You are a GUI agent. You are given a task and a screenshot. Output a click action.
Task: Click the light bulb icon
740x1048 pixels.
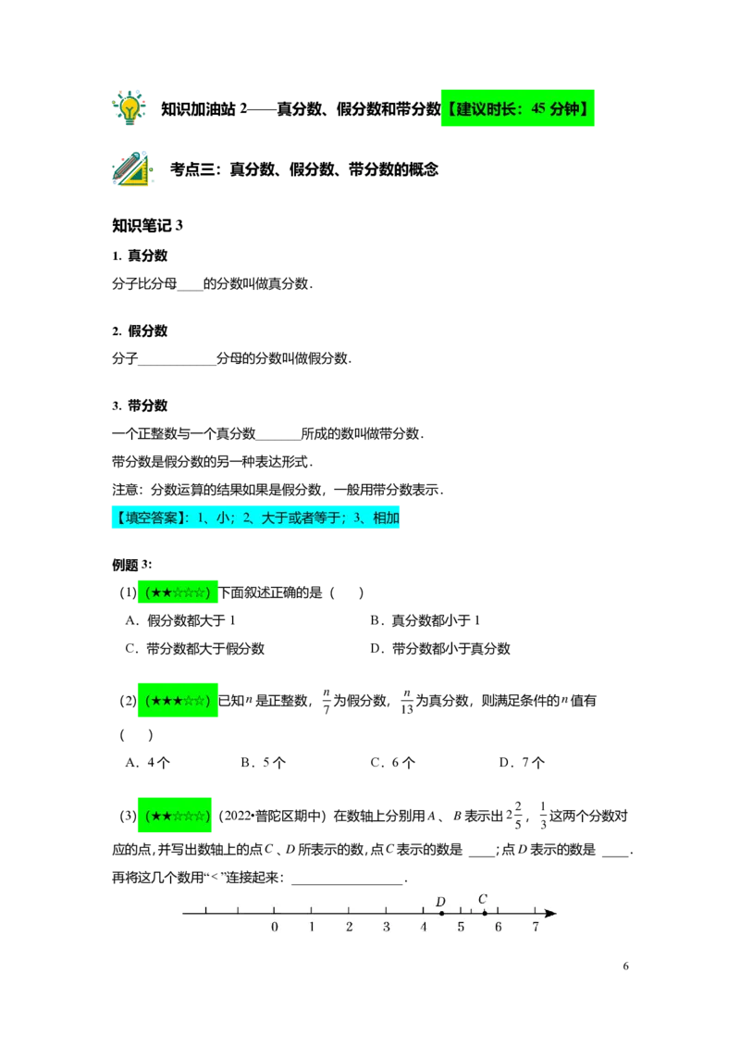(x=129, y=107)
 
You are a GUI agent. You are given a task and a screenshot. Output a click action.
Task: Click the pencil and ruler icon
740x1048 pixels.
(x=132, y=168)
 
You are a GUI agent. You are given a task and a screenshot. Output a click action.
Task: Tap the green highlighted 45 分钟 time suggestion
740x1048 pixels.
(x=518, y=108)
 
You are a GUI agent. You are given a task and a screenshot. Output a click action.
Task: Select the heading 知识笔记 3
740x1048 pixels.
(x=147, y=225)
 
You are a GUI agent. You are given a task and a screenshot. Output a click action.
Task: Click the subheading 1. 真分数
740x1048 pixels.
(x=140, y=256)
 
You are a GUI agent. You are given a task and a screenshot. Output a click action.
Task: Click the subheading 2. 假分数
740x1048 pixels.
(x=140, y=331)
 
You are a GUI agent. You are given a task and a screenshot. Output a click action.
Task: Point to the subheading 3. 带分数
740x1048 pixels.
(x=140, y=405)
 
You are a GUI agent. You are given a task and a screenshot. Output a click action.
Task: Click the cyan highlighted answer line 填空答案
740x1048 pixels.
(x=255, y=518)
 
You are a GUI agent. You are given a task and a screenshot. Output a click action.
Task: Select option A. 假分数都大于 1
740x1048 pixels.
(x=180, y=620)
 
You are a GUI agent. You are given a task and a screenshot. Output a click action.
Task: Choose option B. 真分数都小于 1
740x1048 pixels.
(x=425, y=620)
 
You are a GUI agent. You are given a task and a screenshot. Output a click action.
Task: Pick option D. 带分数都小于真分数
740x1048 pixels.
(x=440, y=648)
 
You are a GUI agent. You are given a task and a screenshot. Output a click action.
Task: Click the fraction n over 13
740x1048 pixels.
(x=407, y=701)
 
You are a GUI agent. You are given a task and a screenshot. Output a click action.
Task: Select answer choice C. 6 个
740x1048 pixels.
(x=393, y=763)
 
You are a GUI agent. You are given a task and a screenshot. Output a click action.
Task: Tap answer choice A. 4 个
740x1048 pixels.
(x=148, y=763)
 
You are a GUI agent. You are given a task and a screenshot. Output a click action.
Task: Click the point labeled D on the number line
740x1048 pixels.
(x=441, y=913)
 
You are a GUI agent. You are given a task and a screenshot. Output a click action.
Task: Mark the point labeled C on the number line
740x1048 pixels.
(x=484, y=913)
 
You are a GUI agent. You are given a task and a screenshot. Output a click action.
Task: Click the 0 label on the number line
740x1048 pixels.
(x=275, y=927)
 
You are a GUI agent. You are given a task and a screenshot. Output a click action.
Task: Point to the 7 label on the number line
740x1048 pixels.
(x=536, y=927)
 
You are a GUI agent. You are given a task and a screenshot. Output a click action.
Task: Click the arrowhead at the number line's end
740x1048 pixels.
(x=550, y=913)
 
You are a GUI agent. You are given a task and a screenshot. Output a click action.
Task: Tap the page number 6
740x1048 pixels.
(x=626, y=966)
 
